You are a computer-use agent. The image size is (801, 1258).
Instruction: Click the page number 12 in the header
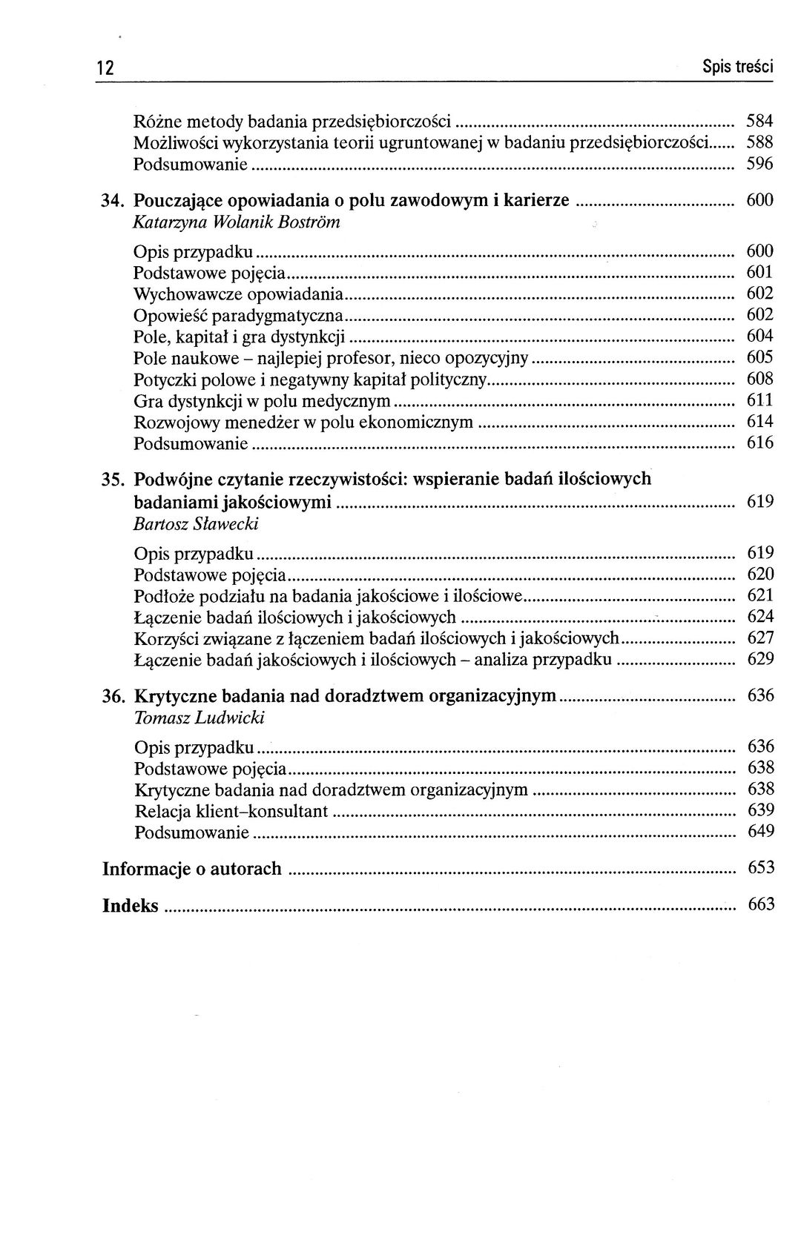point(105,67)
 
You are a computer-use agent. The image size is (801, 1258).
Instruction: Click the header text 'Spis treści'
point(737,67)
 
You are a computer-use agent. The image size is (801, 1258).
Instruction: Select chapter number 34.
point(114,200)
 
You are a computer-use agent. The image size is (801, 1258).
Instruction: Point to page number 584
point(759,121)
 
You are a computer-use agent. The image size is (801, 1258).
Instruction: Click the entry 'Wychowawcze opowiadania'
point(238,294)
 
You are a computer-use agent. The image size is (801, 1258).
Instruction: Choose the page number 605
point(759,358)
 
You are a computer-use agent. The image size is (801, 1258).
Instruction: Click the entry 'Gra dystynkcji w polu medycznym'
point(262,401)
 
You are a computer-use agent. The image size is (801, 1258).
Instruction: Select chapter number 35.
point(114,480)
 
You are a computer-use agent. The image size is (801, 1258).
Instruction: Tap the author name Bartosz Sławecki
point(196,524)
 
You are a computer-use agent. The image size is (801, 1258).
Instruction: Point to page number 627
point(760,638)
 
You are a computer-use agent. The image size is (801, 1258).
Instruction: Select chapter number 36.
point(114,696)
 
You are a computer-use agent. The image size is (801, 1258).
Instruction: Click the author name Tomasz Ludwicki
point(200,718)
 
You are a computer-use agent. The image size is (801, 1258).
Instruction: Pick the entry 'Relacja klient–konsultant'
point(231,811)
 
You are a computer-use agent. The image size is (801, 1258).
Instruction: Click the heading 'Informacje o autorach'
point(192,868)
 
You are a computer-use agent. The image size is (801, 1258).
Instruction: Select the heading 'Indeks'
point(131,905)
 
